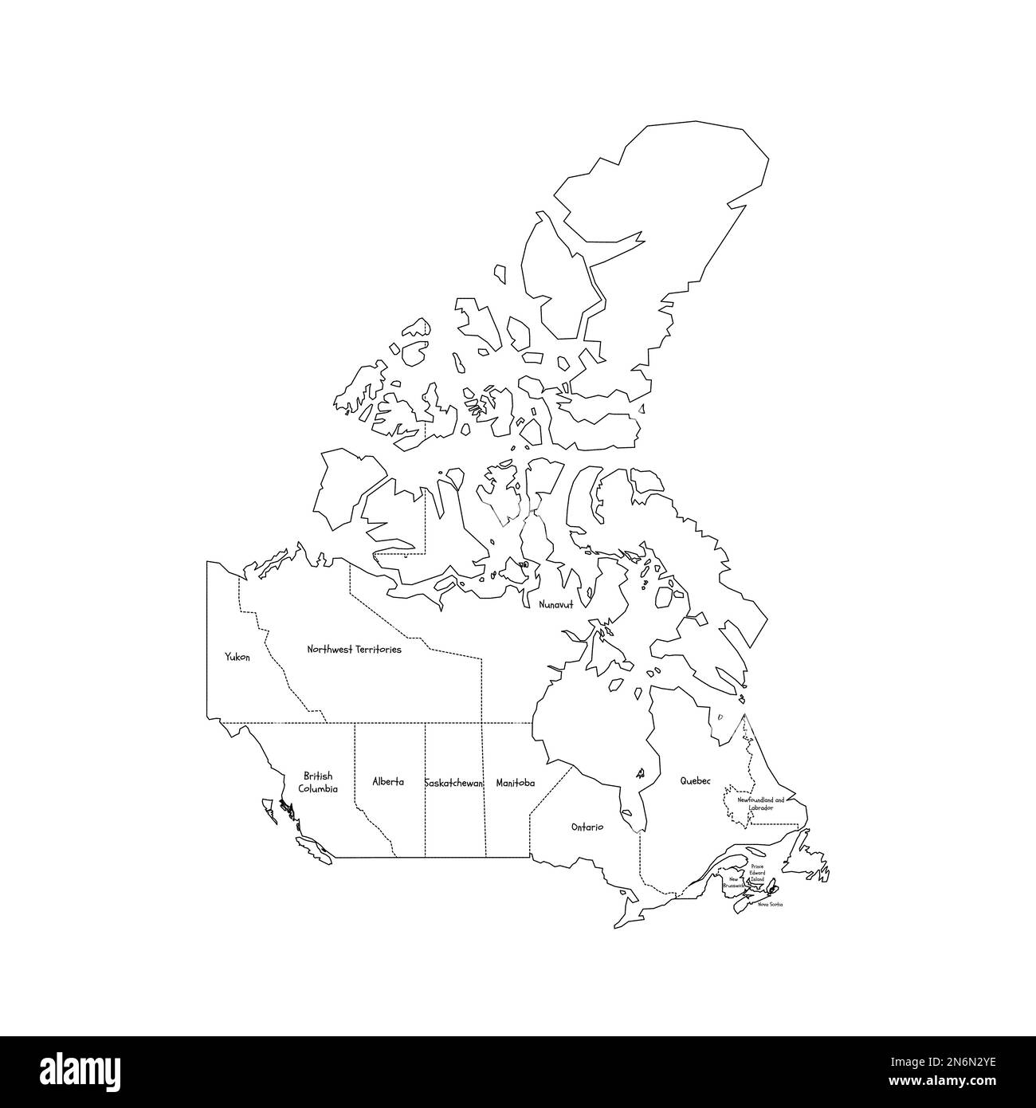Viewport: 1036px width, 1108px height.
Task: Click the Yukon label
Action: pyautogui.click(x=237, y=658)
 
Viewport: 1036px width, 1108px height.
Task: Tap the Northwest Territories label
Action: pyautogui.click(x=354, y=650)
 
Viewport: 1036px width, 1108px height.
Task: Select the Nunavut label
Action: pyautogui.click(x=555, y=605)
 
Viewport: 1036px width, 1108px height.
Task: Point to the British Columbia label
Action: pyautogui.click(x=318, y=782)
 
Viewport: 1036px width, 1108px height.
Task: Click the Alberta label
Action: pyautogui.click(x=388, y=782)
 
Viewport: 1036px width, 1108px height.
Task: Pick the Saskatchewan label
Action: pyautogui.click(x=453, y=784)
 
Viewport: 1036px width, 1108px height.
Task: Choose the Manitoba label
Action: pyautogui.click(x=515, y=784)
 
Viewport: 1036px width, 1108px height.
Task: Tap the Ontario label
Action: pyautogui.click(x=587, y=827)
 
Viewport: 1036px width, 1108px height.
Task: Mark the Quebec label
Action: pyautogui.click(x=694, y=782)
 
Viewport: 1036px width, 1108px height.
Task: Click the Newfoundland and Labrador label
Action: pyautogui.click(x=760, y=803)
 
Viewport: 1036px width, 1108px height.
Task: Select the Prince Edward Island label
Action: pyautogui.click(x=757, y=873)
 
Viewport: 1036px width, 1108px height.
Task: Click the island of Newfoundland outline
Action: pyautogui.click(x=809, y=865)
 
